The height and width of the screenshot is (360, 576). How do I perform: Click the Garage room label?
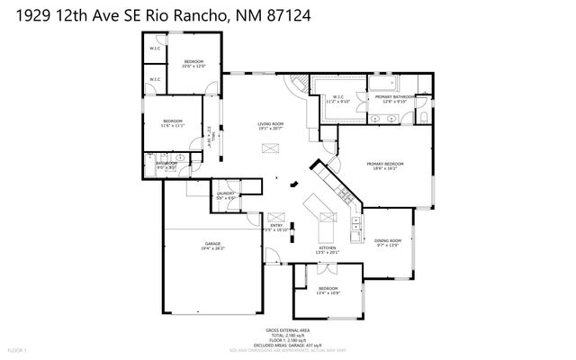tap(212, 245)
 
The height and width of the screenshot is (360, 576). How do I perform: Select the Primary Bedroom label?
tap(384, 164)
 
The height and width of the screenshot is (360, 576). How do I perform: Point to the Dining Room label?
tap(387, 241)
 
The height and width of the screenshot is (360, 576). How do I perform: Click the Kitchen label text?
tap(327, 248)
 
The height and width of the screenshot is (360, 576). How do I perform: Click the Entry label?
tap(277, 226)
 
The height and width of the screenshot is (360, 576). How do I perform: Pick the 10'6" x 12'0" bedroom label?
tap(193, 62)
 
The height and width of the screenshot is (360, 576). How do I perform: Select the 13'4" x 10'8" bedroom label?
tap(328, 289)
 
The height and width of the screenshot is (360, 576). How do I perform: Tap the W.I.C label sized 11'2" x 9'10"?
tap(338, 98)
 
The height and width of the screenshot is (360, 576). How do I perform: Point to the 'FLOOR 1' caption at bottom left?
tap(17, 349)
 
